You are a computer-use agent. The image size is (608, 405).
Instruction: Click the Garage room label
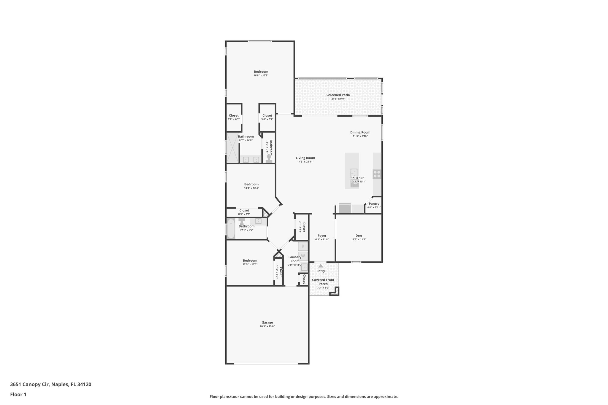click(x=267, y=323)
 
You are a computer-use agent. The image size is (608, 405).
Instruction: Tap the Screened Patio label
click(x=338, y=95)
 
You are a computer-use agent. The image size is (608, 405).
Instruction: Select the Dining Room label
click(x=360, y=132)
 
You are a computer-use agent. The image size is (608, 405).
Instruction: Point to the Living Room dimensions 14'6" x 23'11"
click(x=305, y=162)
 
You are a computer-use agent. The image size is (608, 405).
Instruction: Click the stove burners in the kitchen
click(x=377, y=174)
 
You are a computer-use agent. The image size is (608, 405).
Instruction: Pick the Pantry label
click(x=374, y=204)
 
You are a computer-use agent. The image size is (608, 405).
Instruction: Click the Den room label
click(x=359, y=236)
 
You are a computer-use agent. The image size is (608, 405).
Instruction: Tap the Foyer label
click(x=322, y=236)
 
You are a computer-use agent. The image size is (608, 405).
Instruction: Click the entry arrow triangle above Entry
click(x=321, y=266)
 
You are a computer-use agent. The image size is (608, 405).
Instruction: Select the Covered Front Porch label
click(x=323, y=282)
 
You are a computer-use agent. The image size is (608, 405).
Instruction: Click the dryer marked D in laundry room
click(x=303, y=246)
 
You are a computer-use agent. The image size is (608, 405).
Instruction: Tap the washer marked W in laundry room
click(x=303, y=256)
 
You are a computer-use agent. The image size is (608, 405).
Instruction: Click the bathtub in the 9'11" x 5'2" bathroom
click(x=231, y=228)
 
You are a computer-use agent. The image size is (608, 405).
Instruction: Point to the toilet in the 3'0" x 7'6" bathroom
click(x=270, y=158)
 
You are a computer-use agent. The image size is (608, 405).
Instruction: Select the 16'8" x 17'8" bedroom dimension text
click(x=261, y=75)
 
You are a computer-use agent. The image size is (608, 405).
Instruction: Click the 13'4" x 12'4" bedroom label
click(x=251, y=184)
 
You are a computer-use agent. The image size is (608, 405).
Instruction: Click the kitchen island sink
click(x=354, y=172)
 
